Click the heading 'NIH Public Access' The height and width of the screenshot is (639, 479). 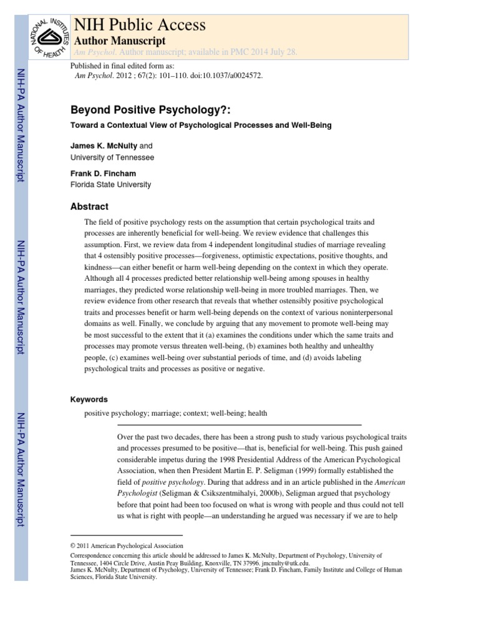[x=140, y=24]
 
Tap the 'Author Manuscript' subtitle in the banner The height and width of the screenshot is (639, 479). [x=120, y=40]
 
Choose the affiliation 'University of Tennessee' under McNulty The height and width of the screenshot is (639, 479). [x=112, y=157]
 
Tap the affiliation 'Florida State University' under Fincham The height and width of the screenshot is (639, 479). [x=110, y=185]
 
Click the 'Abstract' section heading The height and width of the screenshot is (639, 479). [x=89, y=207]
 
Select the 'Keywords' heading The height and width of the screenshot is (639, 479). [x=89, y=399]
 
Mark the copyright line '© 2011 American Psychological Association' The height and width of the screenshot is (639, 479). [x=127, y=545]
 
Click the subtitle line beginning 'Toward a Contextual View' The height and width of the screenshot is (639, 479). [x=201, y=125]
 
